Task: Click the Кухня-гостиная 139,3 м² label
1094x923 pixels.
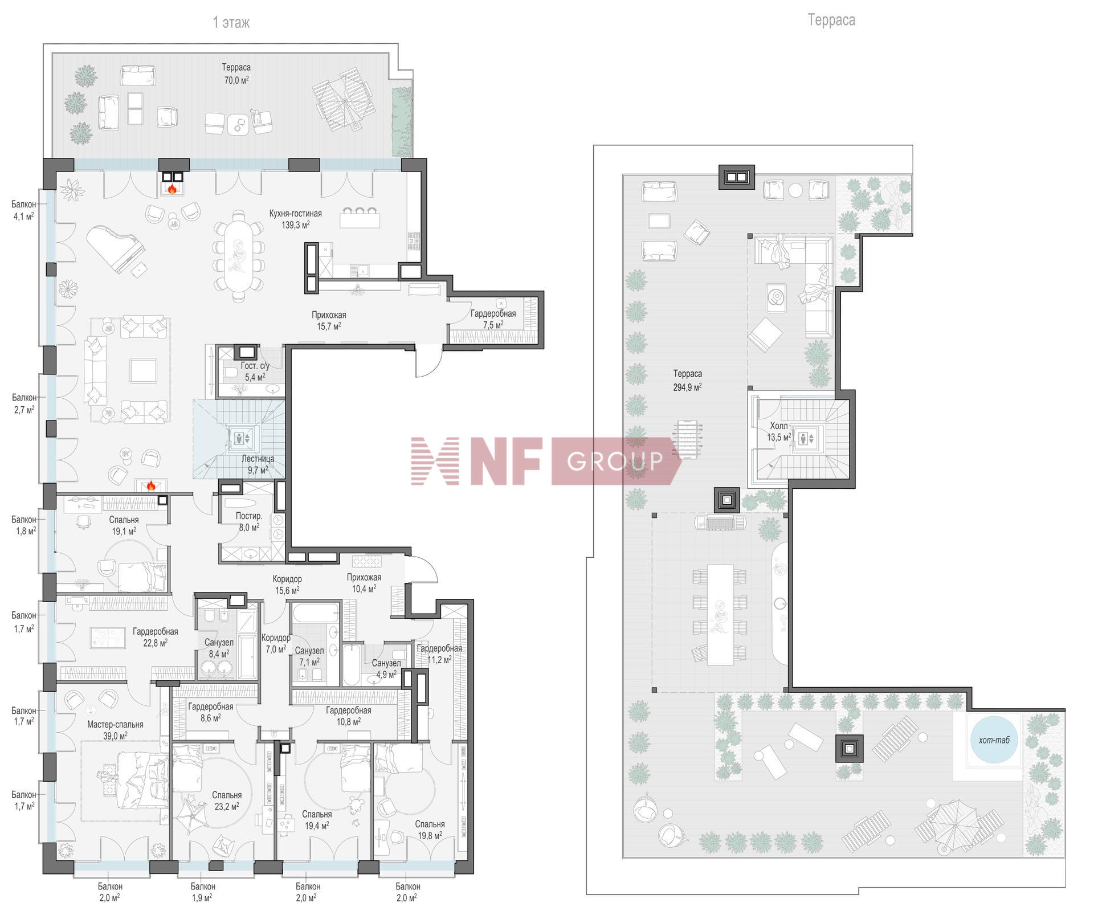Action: pyautogui.click(x=295, y=219)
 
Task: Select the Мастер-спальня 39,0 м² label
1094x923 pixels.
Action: pyautogui.click(x=115, y=730)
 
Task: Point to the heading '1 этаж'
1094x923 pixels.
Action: pyautogui.click(x=231, y=22)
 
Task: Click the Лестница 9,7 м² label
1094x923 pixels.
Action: pyautogui.click(x=258, y=464)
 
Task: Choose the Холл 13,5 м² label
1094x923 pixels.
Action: pyautogui.click(x=779, y=432)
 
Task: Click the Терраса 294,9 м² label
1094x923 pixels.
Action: pyautogui.click(x=687, y=380)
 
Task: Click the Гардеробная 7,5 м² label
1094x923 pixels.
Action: pyautogui.click(x=493, y=319)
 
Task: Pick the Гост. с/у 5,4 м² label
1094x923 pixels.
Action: pyautogui.click(x=255, y=371)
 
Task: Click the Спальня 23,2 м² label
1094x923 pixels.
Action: pyautogui.click(x=227, y=801)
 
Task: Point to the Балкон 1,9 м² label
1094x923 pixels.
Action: pyautogui.click(x=203, y=892)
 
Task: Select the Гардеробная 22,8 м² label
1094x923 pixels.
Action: pyautogui.click(x=155, y=637)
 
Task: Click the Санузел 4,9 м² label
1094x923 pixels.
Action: pyautogui.click(x=386, y=668)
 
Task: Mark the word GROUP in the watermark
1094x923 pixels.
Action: pyautogui.click(x=615, y=460)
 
